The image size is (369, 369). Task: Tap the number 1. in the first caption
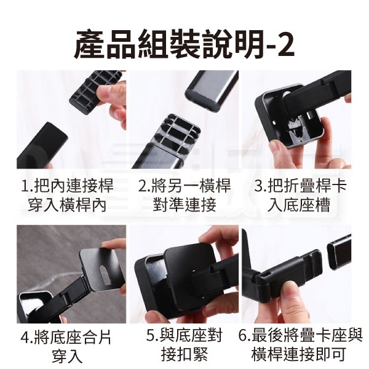tap(27, 186)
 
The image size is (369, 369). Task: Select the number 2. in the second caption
tap(144, 186)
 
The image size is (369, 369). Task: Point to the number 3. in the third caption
tap(260, 186)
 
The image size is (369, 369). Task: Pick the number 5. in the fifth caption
tap(153, 336)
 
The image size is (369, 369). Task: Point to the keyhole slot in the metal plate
tap(104, 274)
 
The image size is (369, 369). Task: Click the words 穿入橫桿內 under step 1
tap(67, 205)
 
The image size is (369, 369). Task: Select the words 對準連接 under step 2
tap(184, 205)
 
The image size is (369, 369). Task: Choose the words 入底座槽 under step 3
tap(299, 205)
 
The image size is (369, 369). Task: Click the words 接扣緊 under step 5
tap(184, 355)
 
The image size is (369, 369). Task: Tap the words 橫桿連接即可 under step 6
tap(299, 355)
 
